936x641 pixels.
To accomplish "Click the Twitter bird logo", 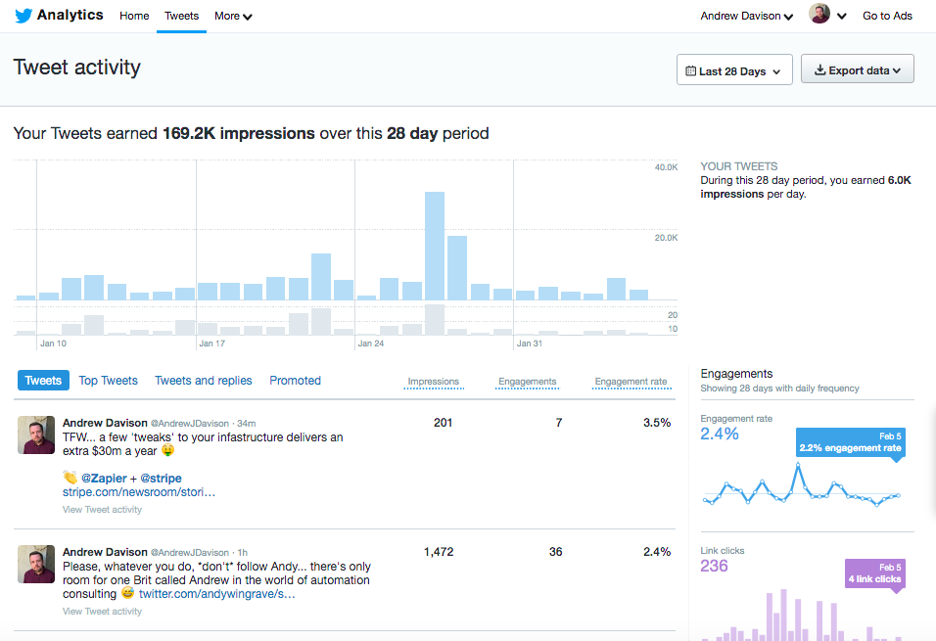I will [x=23, y=16].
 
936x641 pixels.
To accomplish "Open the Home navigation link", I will [x=134, y=16].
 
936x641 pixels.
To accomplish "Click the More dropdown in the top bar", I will [x=233, y=16].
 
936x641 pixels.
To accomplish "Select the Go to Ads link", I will [x=887, y=16].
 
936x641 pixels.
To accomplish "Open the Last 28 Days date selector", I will [x=734, y=70].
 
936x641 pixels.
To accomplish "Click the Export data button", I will [x=858, y=70].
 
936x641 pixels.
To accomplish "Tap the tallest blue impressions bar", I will [x=435, y=245].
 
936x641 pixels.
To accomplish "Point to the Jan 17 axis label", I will [x=212, y=343].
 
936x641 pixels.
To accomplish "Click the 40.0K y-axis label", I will [x=666, y=168].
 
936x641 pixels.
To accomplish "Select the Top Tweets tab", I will [x=108, y=381].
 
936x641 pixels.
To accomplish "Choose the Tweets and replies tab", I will [x=204, y=381].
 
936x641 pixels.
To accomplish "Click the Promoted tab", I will [x=295, y=381].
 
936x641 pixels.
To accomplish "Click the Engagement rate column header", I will [x=631, y=382].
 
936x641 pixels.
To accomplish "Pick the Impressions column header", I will [x=433, y=382].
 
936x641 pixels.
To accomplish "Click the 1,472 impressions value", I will [x=439, y=552].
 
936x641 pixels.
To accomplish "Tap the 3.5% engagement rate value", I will [x=657, y=423].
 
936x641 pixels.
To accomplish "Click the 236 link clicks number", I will [x=715, y=566].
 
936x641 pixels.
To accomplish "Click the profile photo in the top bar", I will [x=819, y=14].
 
